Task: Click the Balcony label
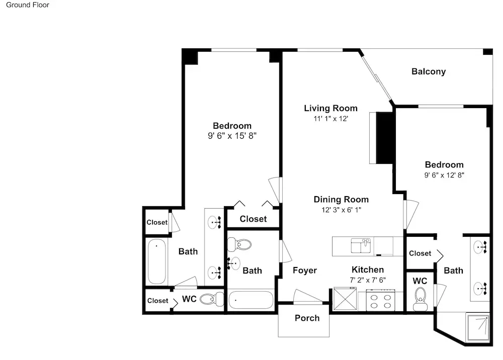click(429, 71)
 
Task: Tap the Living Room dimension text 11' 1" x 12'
click(331, 119)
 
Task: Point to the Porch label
click(307, 318)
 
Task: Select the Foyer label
click(305, 271)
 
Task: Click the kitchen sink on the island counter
click(361, 246)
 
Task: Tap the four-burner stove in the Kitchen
click(380, 300)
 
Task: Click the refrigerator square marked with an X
click(345, 299)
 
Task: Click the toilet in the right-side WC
click(420, 299)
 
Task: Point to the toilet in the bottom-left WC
click(212, 299)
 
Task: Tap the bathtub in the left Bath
click(157, 261)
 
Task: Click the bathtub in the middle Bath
click(251, 300)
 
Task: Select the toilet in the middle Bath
click(239, 245)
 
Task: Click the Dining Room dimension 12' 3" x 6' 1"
click(342, 210)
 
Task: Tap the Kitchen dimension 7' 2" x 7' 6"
click(368, 280)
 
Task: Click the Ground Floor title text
click(28, 5)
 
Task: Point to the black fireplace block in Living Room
click(384, 138)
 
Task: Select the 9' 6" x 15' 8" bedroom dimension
click(232, 136)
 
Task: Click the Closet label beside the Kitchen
click(420, 253)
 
